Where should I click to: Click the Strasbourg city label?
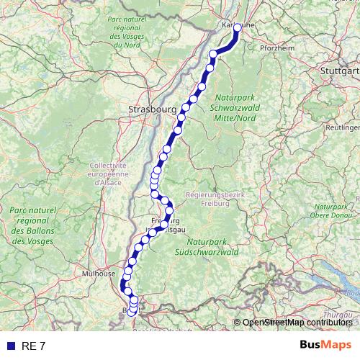(x=151, y=109)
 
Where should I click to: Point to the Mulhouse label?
(x=99, y=274)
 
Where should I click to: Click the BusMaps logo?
(x=326, y=345)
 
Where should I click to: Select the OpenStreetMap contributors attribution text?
(x=297, y=323)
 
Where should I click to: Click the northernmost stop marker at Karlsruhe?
(x=237, y=29)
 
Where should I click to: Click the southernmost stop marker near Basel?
(x=131, y=312)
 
